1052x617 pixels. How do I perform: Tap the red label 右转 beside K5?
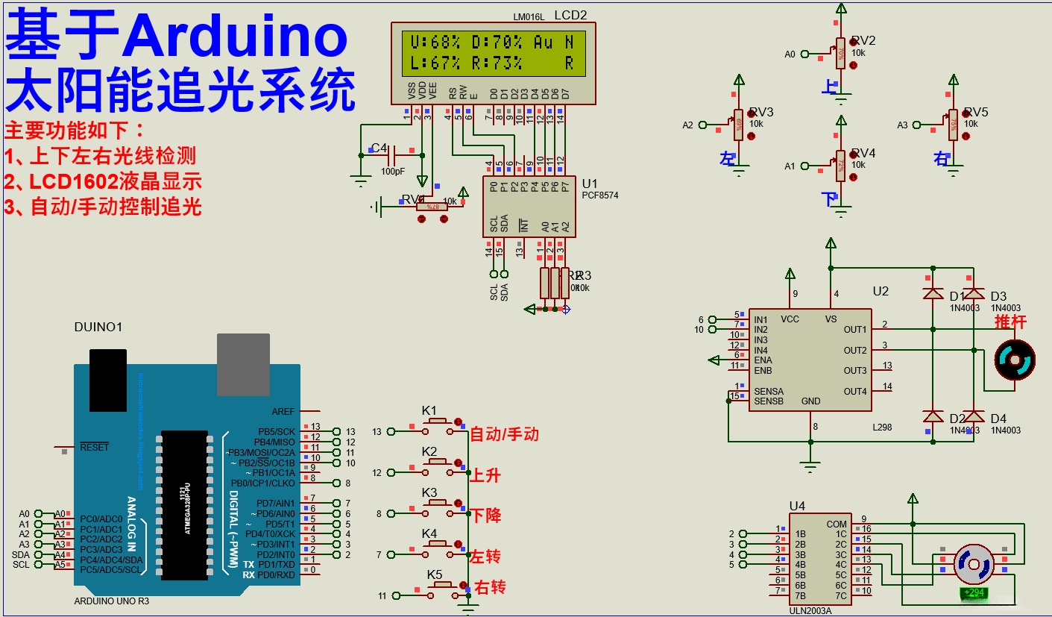click(x=490, y=587)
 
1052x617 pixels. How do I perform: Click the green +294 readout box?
click(x=973, y=593)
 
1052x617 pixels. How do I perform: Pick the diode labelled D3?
click(x=974, y=294)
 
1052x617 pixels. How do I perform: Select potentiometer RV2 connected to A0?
click(x=840, y=53)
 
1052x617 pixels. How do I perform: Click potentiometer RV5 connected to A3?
click(x=952, y=125)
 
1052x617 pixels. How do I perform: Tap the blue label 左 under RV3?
click(x=727, y=158)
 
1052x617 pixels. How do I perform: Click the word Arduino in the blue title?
click(x=236, y=37)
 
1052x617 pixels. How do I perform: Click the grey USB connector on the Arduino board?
click(x=243, y=364)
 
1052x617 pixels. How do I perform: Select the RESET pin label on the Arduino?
click(x=94, y=447)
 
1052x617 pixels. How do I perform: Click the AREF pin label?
click(x=283, y=411)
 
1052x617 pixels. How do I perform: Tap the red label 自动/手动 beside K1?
click(x=504, y=434)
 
